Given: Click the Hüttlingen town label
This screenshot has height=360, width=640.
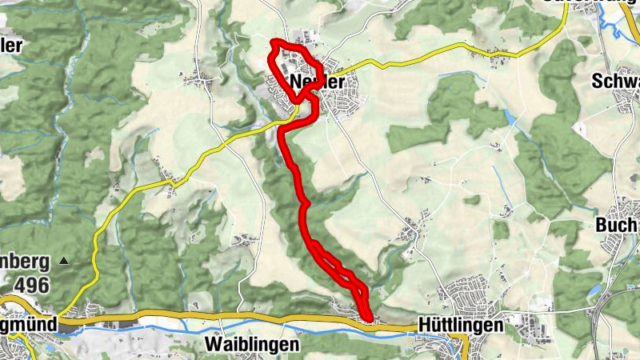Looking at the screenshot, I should click(x=460, y=326).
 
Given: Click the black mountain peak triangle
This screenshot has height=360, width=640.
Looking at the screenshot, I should click(x=64, y=261).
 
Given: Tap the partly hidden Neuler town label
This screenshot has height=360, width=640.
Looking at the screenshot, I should click(x=317, y=82).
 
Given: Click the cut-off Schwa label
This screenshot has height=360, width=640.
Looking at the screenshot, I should click(x=617, y=82).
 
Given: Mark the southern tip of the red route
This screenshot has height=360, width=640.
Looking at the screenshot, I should click(x=368, y=320).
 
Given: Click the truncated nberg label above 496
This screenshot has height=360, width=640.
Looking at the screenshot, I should click(x=24, y=262).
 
